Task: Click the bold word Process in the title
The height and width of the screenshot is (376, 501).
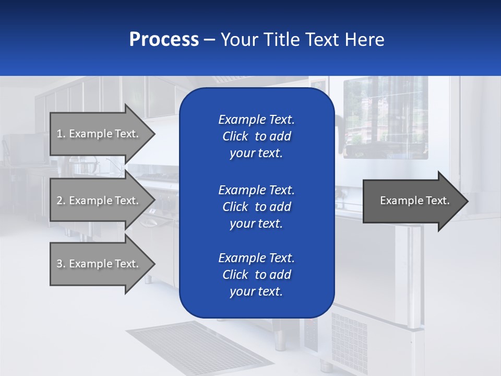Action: point(164,40)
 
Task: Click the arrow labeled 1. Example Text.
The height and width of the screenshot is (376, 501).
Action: point(99,134)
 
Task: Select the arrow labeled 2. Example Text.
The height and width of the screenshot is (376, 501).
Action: point(99,201)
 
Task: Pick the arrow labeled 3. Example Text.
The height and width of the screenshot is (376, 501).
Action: point(99,264)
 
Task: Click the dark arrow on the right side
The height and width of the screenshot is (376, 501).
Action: point(412,201)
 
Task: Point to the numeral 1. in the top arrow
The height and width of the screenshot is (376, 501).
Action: point(61,134)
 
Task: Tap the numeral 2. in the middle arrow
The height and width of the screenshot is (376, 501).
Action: point(61,201)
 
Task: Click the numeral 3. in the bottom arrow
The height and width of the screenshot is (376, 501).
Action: point(61,264)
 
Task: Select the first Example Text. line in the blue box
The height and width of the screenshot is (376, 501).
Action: point(256,120)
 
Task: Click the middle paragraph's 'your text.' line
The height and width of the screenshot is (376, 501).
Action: point(256,224)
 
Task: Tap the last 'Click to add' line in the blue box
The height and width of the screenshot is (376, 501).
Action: point(256,275)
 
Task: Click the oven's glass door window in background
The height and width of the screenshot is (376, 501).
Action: point(386,118)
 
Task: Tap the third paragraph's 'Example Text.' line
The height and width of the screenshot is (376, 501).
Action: point(256,258)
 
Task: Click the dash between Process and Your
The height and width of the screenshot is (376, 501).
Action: point(209,40)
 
